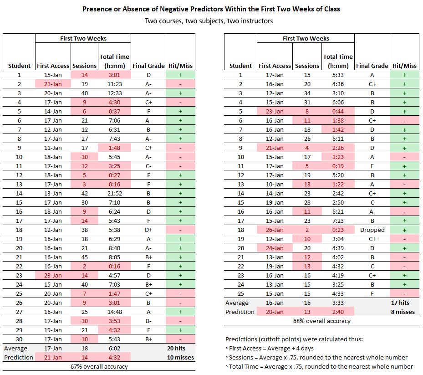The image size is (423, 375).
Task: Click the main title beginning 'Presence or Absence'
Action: pos(211,9)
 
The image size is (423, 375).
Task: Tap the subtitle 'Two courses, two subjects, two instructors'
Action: pos(209,21)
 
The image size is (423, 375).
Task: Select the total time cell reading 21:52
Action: pos(115,194)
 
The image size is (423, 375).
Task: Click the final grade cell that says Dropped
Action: pos(372,230)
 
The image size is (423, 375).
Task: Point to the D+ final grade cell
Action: pos(148,230)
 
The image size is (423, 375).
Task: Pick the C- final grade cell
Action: pos(148,166)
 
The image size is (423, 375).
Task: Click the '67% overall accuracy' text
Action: pos(99,367)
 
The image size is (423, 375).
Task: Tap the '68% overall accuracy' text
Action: pos(321,321)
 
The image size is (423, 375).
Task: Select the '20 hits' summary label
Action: pos(176,348)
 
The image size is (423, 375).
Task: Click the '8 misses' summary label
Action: pos(403,312)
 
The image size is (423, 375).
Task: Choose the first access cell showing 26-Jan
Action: pos(275,230)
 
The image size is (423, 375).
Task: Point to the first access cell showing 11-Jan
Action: pos(53,148)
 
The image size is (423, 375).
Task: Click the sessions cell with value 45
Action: pos(84,257)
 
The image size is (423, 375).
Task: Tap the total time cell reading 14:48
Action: pos(115,312)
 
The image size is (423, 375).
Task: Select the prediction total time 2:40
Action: pos(338,312)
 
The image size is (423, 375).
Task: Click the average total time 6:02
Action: pos(115,348)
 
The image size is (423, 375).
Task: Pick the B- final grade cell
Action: pos(148,321)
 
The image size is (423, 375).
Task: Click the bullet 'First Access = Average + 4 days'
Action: pos(270,348)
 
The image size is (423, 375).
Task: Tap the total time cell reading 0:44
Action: pos(338,112)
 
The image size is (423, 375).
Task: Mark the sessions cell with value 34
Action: pos(307,93)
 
